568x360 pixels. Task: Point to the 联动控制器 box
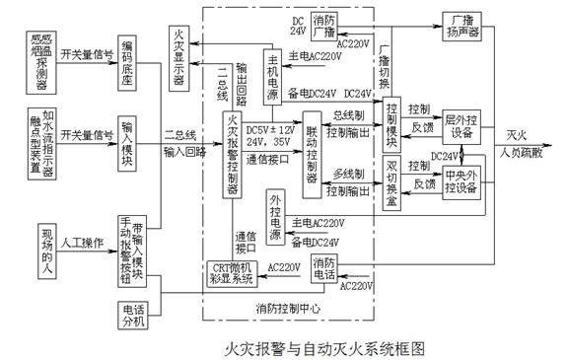point(314,158)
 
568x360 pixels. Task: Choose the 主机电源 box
point(273,74)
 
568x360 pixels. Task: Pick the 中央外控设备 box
point(461,183)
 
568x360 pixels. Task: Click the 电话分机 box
point(128,314)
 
